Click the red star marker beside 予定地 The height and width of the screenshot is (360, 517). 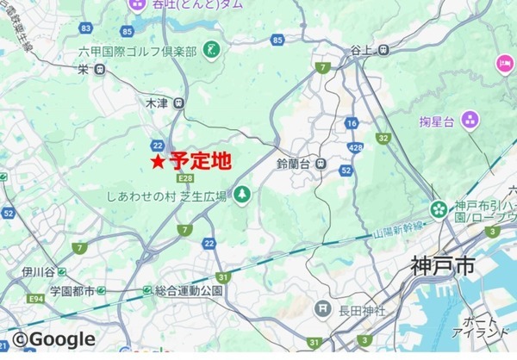tap(158, 161)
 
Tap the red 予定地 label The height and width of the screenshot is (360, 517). tap(202, 160)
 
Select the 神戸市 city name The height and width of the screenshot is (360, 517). tap(443, 267)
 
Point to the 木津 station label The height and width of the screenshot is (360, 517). tap(157, 102)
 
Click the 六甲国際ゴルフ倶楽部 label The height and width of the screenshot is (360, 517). tap(138, 52)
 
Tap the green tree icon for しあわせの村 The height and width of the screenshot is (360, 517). tap(242, 196)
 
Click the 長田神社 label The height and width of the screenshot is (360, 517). tap(358, 307)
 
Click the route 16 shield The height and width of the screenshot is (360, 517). tap(352, 123)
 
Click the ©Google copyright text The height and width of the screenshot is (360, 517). tap(53, 339)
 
